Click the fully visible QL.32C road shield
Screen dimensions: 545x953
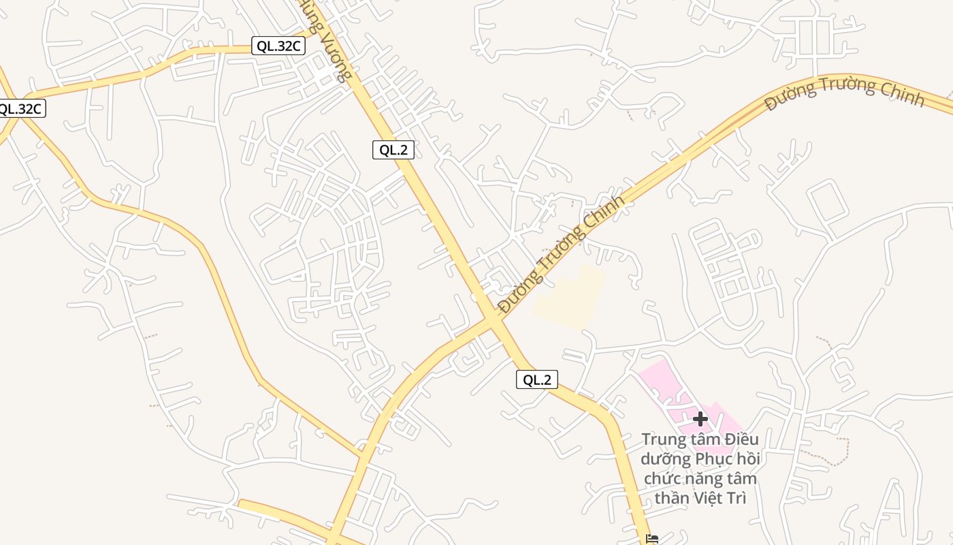pyautogui.click(x=278, y=46)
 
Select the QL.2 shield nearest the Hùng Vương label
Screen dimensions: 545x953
pyautogui.click(x=393, y=150)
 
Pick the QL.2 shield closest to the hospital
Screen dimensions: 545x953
pyautogui.click(x=537, y=379)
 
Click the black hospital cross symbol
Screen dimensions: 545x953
pyautogui.click(x=700, y=419)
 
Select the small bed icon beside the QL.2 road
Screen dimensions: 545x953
pyautogui.click(x=651, y=539)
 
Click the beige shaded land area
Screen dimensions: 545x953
pyautogui.click(x=572, y=296)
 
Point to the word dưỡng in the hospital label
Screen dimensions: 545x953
pyautogui.click(x=665, y=459)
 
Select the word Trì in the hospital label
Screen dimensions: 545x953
pyautogui.click(x=738, y=498)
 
